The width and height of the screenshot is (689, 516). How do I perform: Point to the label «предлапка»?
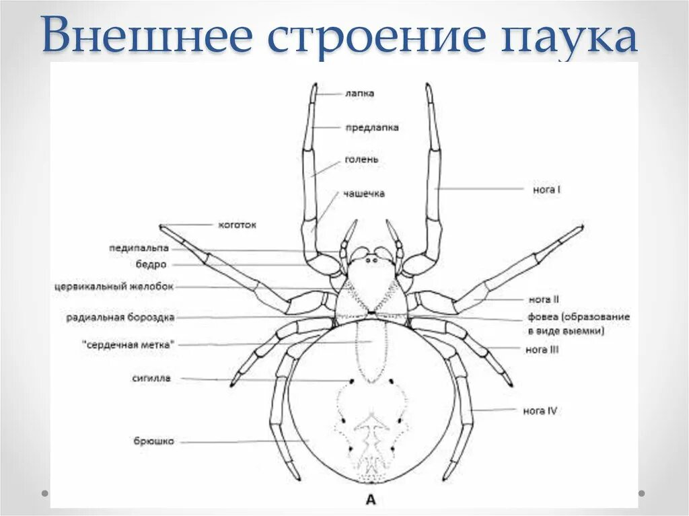tap(371, 127)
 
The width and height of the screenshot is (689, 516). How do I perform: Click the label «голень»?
tap(361, 159)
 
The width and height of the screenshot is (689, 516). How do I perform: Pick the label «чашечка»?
tap(363, 193)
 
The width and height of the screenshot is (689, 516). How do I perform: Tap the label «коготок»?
tap(237, 225)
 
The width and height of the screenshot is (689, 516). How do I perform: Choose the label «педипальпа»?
tap(139, 248)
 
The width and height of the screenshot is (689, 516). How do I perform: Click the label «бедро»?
tap(151, 264)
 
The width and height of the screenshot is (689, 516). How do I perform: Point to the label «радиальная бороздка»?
tap(121, 316)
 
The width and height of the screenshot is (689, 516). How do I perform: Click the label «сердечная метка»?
tap(128, 344)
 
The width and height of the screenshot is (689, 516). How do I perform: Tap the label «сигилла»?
tap(151, 378)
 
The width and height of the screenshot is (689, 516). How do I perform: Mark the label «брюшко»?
tap(153, 441)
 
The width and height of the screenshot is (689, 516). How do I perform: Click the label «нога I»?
tap(546, 190)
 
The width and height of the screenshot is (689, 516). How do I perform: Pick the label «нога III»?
tap(542, 349)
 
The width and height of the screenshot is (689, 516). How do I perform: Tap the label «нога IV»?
tap(540, 410)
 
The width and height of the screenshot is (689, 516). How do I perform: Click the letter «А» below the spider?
tap(370, 499)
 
